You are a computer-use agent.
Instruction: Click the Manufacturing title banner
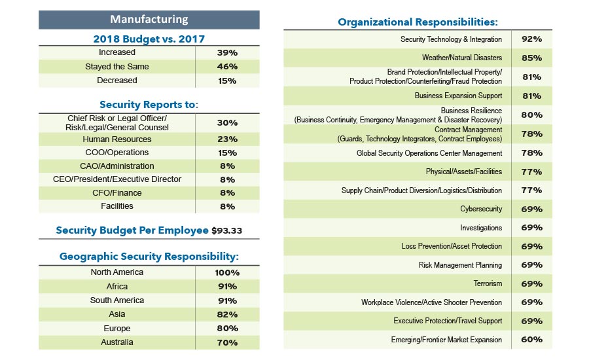[149, 20]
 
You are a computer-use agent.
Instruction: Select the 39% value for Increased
[227, 52]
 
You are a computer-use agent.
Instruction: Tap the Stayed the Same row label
[117, 67]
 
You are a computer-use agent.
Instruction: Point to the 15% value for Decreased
[227, 81]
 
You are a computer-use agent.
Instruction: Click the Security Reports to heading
[149, 105]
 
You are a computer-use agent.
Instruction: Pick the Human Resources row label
[117, 139]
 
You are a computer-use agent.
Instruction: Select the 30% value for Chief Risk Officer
[227, 122]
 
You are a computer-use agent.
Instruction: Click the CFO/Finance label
[117, 193]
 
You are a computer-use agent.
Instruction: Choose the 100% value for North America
[227, 273]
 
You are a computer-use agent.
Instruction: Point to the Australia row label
[117, 342]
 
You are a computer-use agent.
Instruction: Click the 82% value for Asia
[227, 315]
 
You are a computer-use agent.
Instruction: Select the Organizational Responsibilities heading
[417, 22]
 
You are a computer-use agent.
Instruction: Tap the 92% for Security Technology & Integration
[531, 39]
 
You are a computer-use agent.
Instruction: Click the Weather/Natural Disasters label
[462, 58]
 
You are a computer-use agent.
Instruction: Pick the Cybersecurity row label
[481, 209]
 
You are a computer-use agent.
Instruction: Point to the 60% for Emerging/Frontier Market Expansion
[531, 340]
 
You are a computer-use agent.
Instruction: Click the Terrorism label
[488, 284]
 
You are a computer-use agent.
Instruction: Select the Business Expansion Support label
[458, 96]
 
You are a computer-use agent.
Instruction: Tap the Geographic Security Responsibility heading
[149, 257]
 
